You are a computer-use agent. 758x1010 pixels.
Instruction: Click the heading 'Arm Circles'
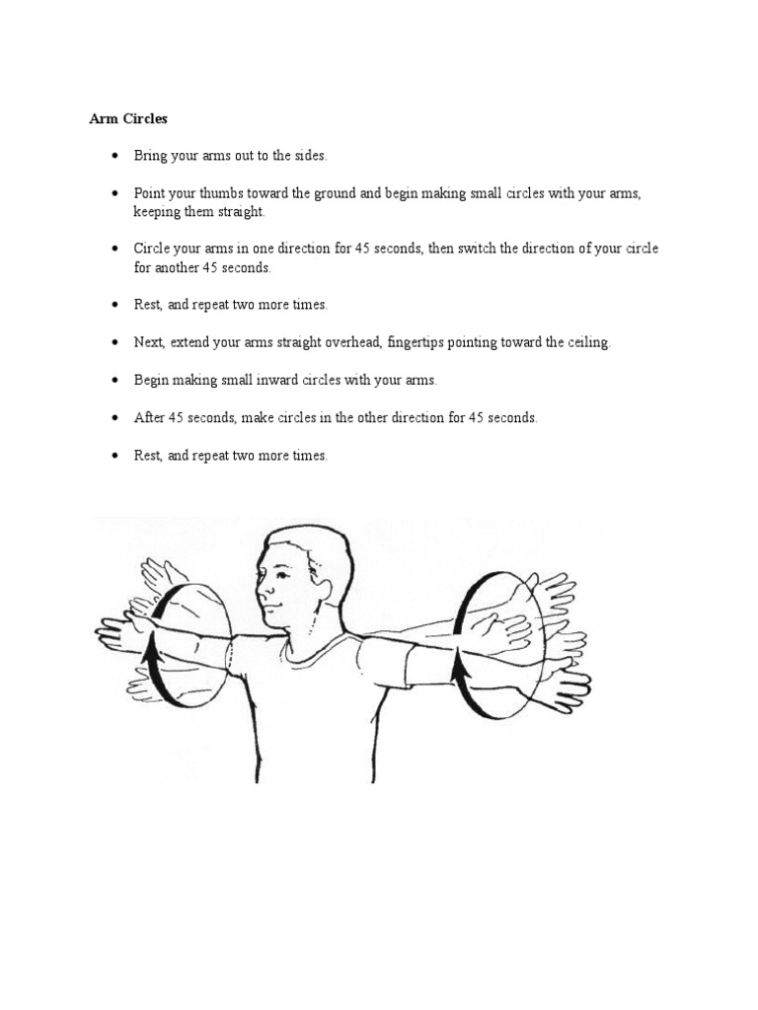[x=128, y=118]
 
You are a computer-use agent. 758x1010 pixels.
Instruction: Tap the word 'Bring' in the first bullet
[x=150, y=156]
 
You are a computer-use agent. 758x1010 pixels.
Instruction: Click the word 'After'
[x=149, y=417]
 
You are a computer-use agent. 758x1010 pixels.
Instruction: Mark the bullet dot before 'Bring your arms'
[x=115, y=157]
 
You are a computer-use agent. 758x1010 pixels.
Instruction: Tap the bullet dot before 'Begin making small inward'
[x=115, y=380]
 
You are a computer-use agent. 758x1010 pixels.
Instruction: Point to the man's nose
[x=260, y=586]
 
